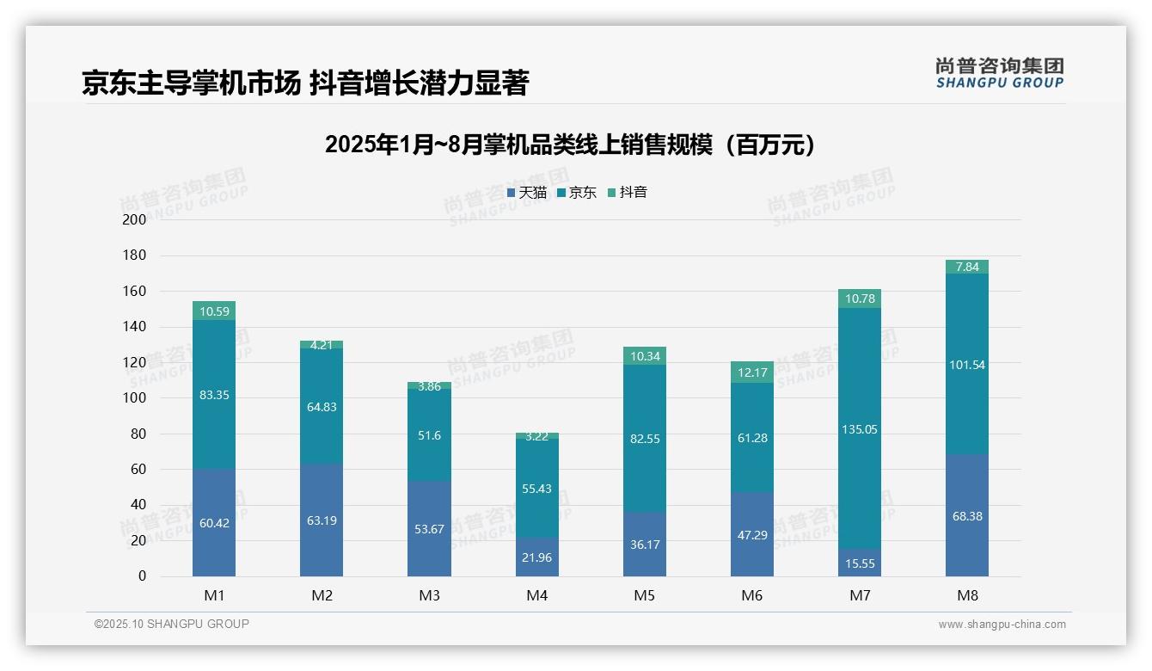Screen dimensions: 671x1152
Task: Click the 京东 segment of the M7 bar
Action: point(859,404)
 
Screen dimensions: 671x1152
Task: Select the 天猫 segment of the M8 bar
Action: point(966,515)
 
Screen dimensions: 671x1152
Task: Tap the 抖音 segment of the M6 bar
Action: point(751,372)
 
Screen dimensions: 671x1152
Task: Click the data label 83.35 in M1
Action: point(214,395)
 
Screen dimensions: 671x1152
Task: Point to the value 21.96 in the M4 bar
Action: point(536,557)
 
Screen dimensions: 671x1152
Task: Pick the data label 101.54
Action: point(966,365)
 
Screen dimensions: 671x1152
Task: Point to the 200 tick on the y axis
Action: point(135,219)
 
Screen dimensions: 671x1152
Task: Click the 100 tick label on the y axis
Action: point(135,398)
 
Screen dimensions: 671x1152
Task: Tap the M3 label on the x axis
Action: point(429,595)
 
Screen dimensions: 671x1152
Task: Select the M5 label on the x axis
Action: point(644,595)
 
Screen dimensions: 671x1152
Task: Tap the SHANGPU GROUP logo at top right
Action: point(999,72)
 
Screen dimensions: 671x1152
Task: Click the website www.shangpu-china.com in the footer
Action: point(1002,625)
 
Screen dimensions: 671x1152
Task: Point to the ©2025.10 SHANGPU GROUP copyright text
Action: point(172,625)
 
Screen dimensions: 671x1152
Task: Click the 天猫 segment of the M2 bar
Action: point(322,520)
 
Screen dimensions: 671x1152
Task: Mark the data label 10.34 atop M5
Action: point(644,356)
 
